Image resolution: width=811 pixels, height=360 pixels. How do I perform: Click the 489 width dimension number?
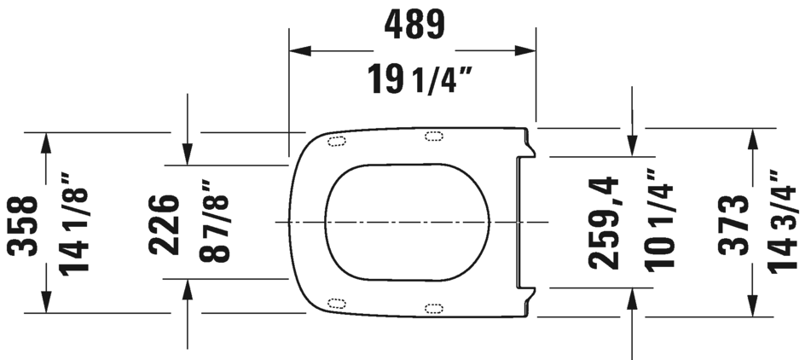tap(414, 24)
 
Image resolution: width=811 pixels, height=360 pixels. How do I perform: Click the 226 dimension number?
tap(165, 224)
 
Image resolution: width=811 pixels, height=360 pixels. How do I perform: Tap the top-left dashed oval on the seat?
tap(336, 142)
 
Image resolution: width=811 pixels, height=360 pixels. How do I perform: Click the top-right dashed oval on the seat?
tap(434, 136)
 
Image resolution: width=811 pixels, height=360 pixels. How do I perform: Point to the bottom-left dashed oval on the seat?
tap(336, 302)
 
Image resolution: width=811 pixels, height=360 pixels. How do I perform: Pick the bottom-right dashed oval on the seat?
tap(434, 307)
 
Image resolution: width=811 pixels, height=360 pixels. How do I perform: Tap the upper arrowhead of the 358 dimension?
tap(45, 142)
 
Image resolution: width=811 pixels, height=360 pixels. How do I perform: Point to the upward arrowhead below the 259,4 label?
tap(632, 298)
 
